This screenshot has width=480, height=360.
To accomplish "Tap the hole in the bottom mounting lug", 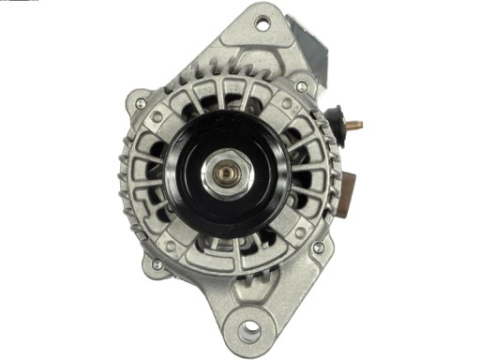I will [x=249, y=331].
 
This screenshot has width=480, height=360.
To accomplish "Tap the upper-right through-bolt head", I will [x=301, y=86].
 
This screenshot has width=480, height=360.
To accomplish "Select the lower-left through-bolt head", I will [x=156, y=264].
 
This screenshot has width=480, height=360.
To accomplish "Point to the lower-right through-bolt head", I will [x=318, y=248].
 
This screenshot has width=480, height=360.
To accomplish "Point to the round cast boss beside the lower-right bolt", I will [x=300, y=234].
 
